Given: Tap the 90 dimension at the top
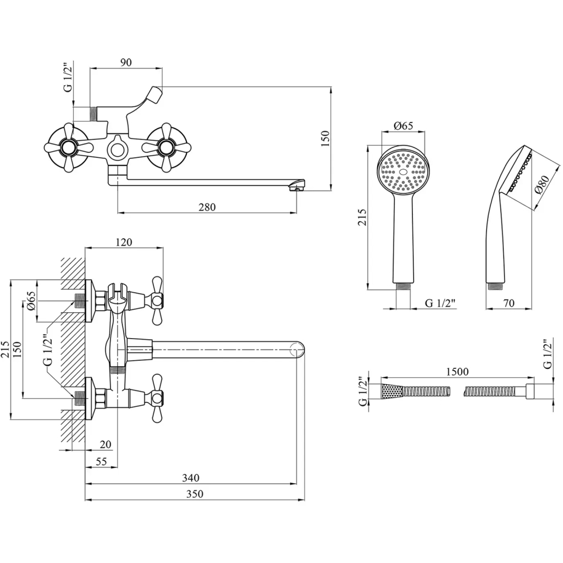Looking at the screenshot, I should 126,62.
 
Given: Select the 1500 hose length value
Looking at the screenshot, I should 457,372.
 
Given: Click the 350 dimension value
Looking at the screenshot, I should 195,494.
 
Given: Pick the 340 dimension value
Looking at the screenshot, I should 191,478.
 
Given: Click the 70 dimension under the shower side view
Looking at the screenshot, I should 509,303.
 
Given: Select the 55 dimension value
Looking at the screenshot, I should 101,462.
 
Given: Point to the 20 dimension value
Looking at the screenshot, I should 106,444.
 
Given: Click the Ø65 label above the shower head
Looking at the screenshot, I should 404,126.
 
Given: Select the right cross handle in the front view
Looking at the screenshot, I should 165,147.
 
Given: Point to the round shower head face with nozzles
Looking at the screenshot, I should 404,172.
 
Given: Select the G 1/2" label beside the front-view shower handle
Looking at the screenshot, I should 440,303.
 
